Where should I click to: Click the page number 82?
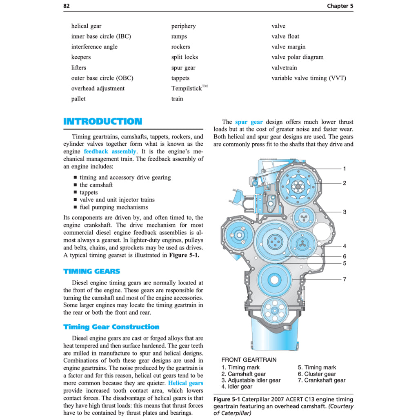point(67,6)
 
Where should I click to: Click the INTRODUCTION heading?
point(102,121)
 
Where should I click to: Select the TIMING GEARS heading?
point(91,271)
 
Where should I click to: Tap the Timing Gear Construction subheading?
point(111,327)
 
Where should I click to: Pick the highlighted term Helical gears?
point(185,383)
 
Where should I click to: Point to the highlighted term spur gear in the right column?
point(249,122)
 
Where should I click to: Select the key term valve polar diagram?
point(297,57)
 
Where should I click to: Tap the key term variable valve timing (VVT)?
point(309,78)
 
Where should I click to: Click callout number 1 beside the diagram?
point(345,169)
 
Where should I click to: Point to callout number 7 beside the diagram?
point(345,279)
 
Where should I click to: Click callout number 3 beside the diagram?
point(345,212)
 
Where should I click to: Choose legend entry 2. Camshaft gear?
point(243,374)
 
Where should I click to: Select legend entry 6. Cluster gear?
point(317,374)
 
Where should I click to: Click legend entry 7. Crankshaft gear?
point(321,380)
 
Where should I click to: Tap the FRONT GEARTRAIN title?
point(249,360)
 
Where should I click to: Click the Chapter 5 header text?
point(340,6)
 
